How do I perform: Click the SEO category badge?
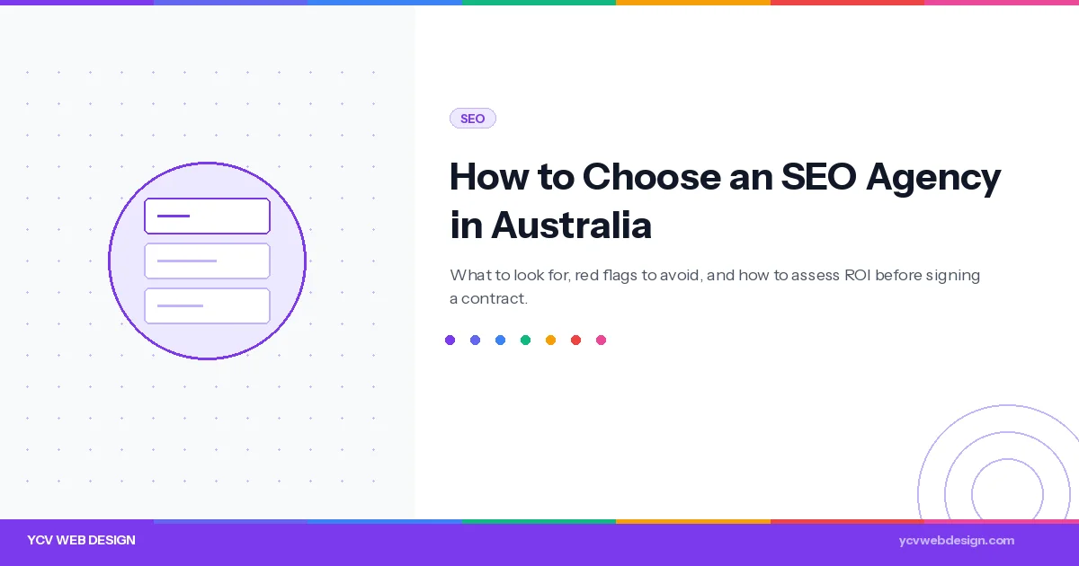(472, 119)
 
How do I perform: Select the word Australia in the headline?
(571, 226)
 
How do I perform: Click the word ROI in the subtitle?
(857, 275)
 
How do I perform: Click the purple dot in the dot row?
(450, 340)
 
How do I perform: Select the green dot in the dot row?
(525, 340)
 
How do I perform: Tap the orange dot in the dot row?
(550, 340)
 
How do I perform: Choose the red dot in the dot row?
(575, 340)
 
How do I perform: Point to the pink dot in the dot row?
(601, 340)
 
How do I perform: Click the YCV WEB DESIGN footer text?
(81, 540)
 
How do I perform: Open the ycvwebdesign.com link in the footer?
(956, 540)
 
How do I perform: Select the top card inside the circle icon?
(207, 216)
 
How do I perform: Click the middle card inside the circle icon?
(207, 261)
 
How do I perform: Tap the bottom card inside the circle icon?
(207, 305)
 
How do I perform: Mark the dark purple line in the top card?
(174, 216)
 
